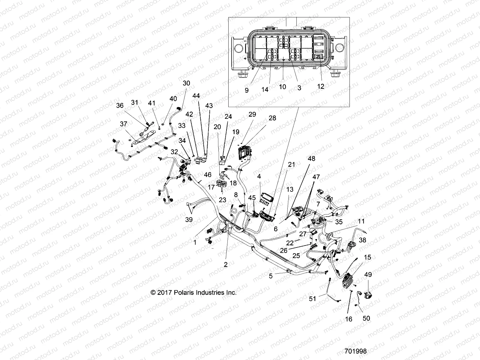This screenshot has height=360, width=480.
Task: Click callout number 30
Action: coord(186,83)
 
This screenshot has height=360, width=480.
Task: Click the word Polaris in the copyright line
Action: coord(186,292)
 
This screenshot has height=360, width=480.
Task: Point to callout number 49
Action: coord(368,274)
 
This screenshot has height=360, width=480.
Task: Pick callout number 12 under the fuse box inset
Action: coord(321,86)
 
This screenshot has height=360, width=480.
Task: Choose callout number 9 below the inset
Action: coord(247,90)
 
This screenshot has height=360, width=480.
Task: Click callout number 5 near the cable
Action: coord(271,276)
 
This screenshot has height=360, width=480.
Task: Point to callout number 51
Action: coord(313,299)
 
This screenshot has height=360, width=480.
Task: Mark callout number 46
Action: coord(207,174)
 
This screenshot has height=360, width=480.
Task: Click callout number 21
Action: coord(291,164)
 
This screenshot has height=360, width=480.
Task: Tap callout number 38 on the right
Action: coord(363,240)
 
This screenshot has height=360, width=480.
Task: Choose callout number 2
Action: coord(226,264)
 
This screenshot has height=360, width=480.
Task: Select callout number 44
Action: coord(196,96)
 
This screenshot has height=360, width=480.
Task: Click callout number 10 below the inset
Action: coord(283,87)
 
